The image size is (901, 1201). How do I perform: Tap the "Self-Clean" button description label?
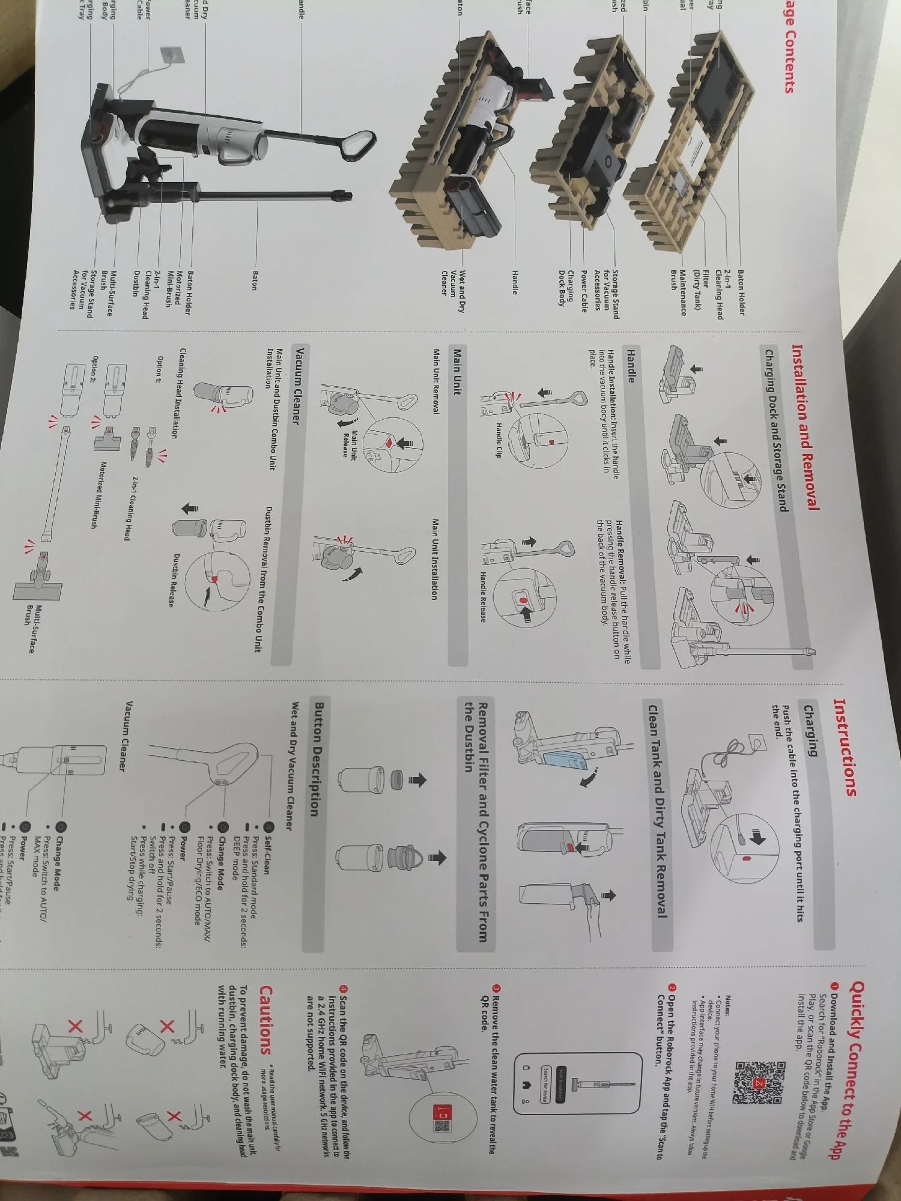(x=265, y=855)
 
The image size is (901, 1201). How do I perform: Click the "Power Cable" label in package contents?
(x=583, y=291)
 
